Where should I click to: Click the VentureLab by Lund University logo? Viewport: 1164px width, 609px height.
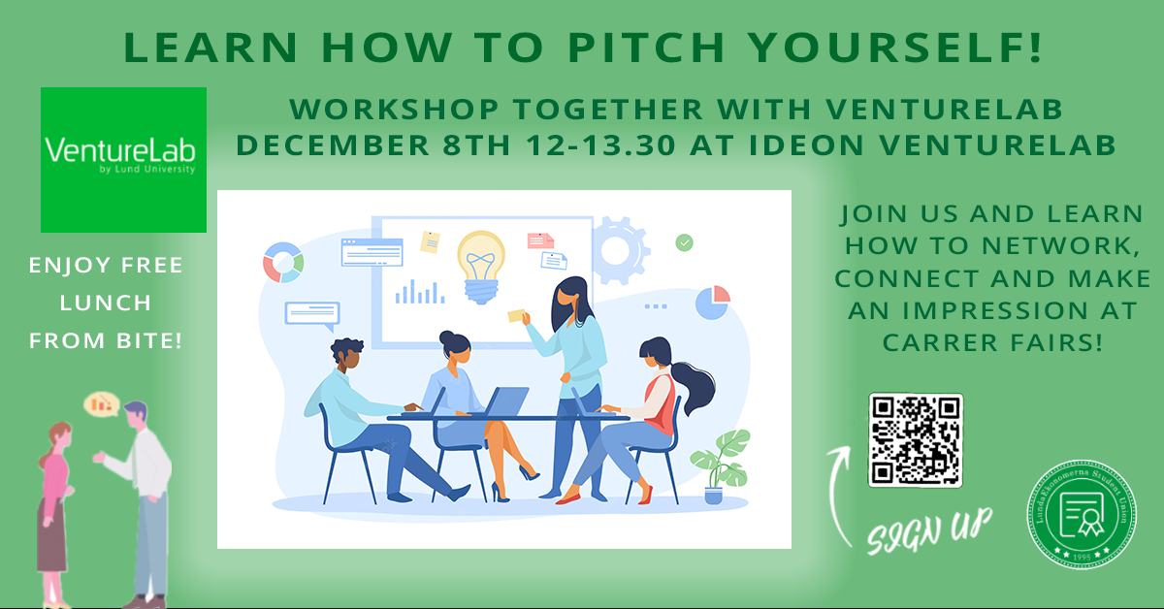coord(124,160)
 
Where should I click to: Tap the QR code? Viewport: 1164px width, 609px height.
coord(916,440)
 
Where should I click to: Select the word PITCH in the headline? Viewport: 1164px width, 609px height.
coord(646,48)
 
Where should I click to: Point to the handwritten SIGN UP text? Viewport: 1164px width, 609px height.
coord(929,530)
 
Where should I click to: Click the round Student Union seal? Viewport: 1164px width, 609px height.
coord(1082,514)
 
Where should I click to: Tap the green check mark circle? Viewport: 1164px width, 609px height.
coord(685,242)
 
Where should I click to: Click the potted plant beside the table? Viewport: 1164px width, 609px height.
coord(721,466)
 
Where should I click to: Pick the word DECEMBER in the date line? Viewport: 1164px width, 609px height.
coord(333,144)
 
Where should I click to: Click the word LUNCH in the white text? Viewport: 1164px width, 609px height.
coord(106,303)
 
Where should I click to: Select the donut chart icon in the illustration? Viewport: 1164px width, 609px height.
coord(283,263)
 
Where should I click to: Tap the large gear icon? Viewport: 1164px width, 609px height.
coord(621,250)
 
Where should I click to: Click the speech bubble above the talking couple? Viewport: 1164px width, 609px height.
coord(102,404)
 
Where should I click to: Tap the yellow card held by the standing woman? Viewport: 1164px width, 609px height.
coord(516,315)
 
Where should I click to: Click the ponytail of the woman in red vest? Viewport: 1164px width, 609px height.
coord(695,387)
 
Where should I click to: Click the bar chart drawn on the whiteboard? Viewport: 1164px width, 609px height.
coord(420,292)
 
